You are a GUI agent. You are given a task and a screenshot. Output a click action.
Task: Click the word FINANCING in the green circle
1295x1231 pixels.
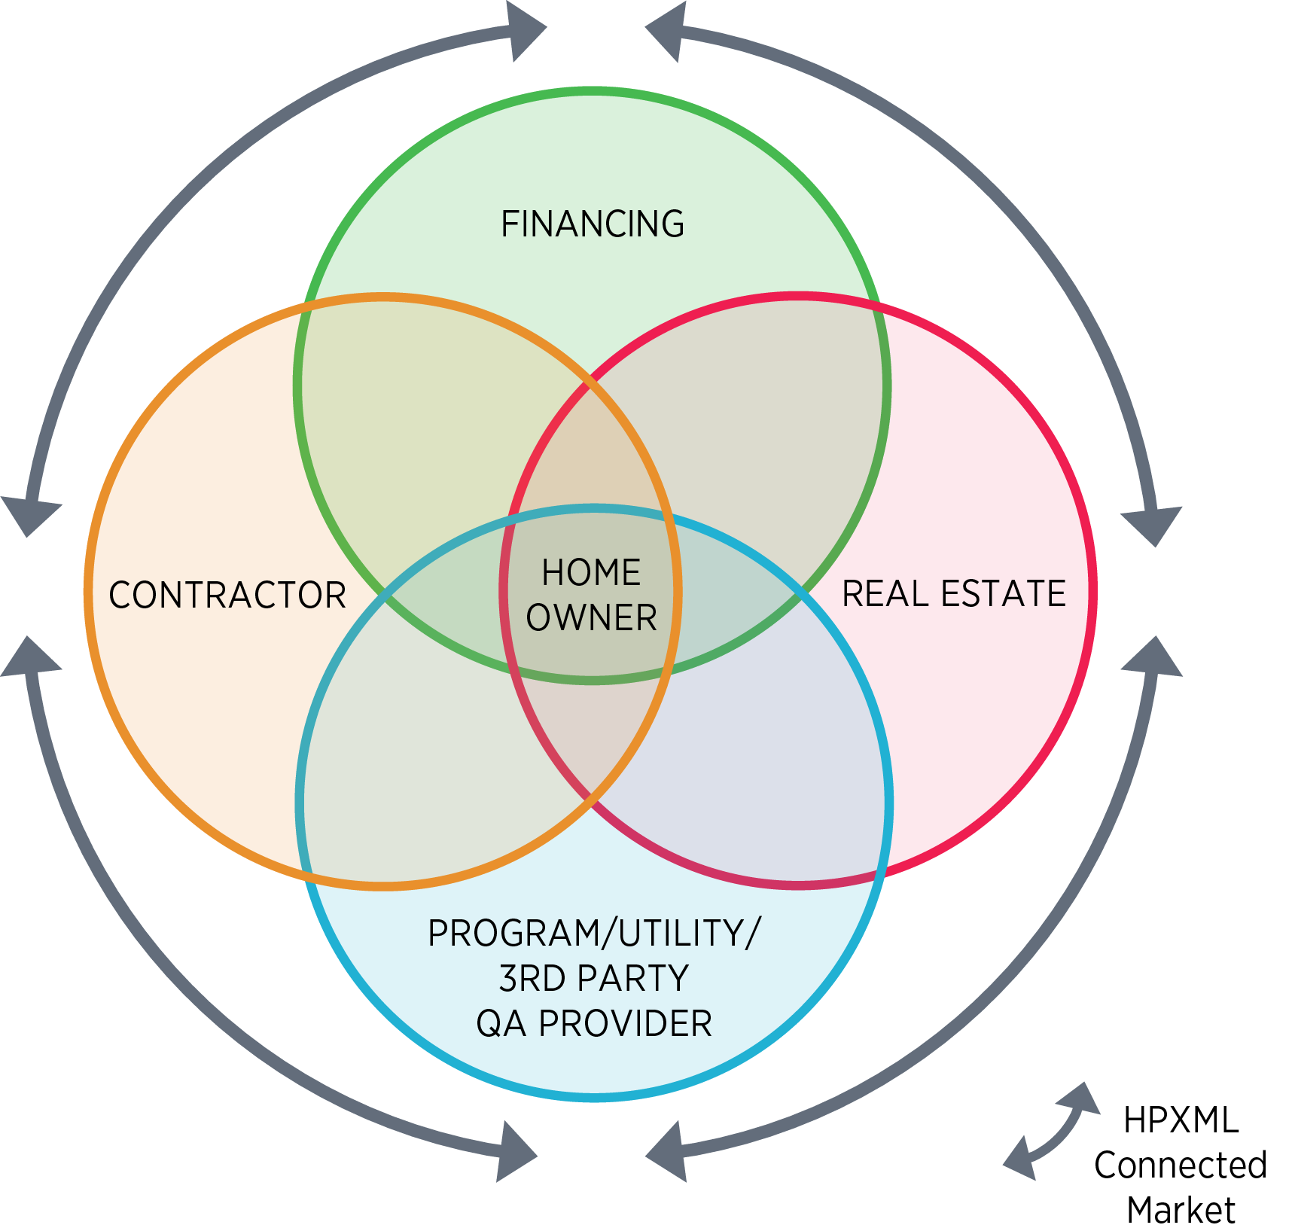coord(593,224)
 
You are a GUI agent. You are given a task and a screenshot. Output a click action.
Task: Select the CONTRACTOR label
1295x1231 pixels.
coord(227,595)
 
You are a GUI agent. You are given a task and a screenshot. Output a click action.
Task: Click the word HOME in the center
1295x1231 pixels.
coord(591,572)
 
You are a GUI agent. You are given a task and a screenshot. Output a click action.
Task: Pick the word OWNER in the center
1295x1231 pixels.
coord(591,618)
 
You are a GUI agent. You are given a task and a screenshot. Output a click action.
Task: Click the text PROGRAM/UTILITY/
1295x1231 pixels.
coord(594,933)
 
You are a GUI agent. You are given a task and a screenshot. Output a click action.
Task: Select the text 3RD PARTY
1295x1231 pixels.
coord(594,979)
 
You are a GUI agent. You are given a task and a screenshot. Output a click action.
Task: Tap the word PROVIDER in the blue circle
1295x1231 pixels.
coord(626,1024)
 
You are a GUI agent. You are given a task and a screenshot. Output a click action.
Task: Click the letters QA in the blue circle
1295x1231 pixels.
coord(501,1024)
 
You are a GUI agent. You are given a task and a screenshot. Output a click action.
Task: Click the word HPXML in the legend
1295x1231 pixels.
coord(1181,1120)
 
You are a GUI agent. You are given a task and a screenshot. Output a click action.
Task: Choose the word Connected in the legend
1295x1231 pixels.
coord(1181,1165)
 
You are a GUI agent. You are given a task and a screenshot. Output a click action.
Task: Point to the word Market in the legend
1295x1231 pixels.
coord(1181,1210)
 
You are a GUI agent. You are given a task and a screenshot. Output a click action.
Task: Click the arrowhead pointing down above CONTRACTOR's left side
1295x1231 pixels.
coord(30,516)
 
